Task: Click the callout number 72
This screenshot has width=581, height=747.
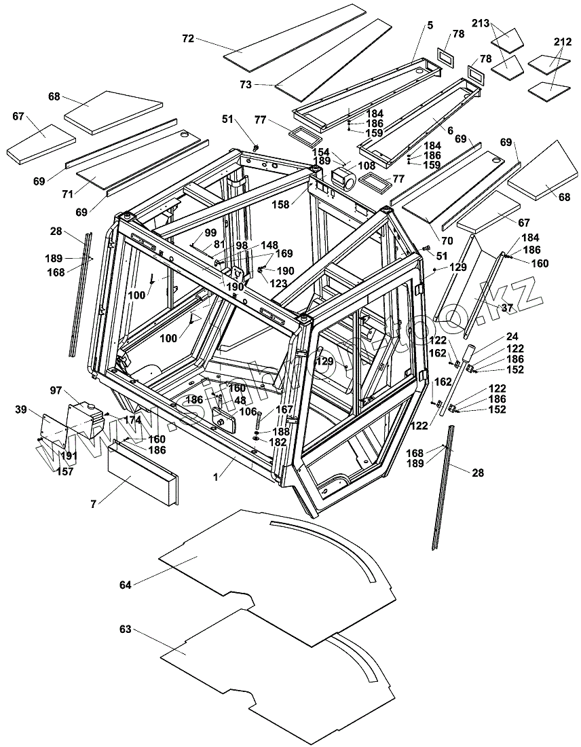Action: point(188,39)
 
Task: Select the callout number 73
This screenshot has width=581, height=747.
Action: point(246,85)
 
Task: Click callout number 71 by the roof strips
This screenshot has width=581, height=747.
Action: point(67,195)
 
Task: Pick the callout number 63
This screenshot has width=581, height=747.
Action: point(125,630)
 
